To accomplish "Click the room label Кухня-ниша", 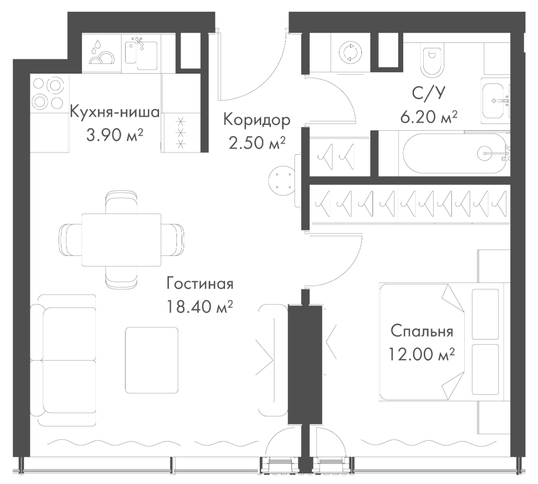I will [115, 113].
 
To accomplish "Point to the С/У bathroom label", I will [428, 93].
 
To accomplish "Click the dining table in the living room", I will [122, 239].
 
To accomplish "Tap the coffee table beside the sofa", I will [151, 360].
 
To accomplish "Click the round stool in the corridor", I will [283, 181].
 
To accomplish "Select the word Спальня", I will [422, 332].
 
